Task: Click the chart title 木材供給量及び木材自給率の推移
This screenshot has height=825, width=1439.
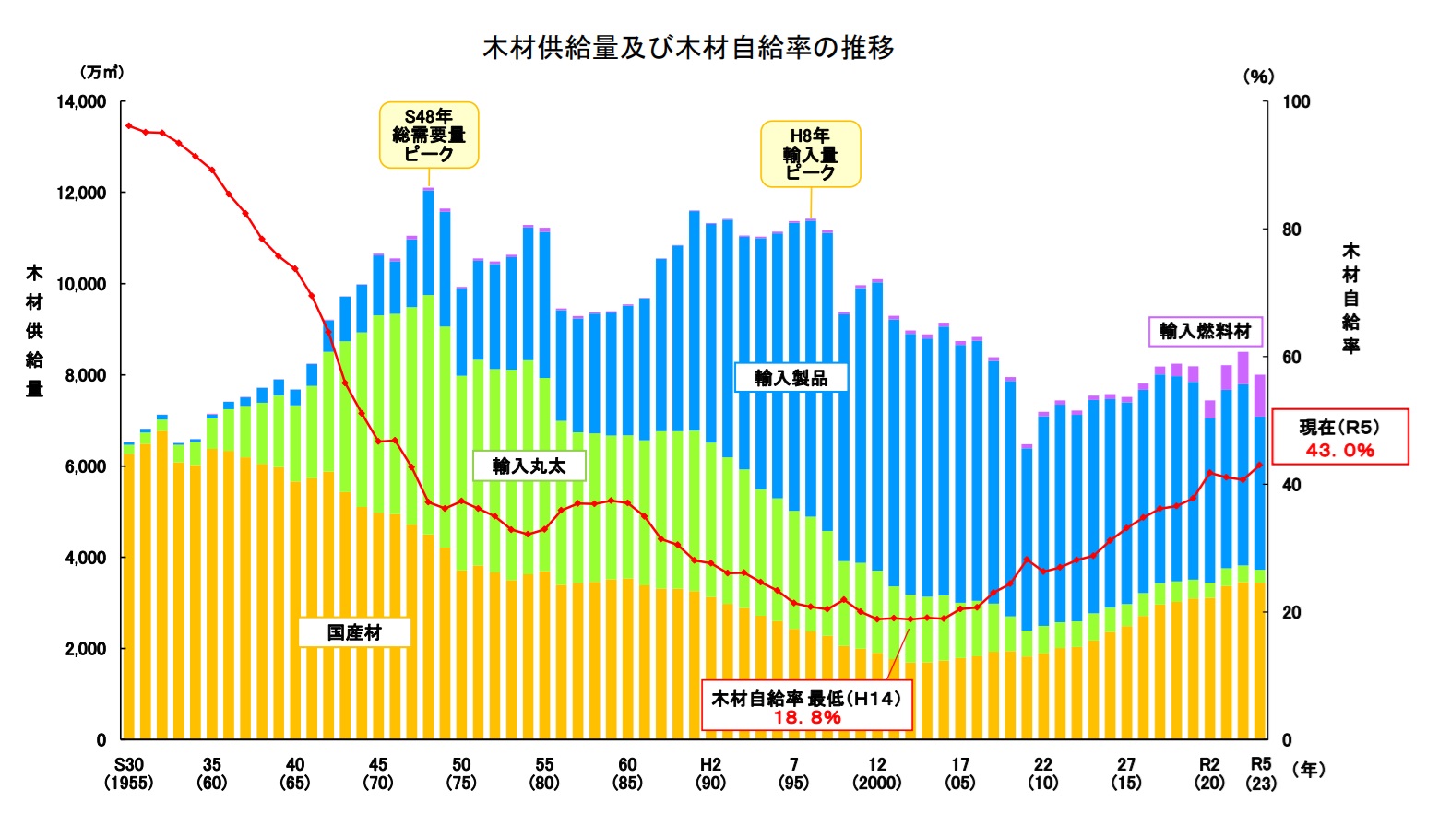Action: [x=688, y=47]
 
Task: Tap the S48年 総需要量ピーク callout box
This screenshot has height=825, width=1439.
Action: [x=429, y=136]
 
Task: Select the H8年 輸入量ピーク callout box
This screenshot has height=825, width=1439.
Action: [x=810, y=154]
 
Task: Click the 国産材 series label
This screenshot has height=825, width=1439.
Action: [x=354, y=632]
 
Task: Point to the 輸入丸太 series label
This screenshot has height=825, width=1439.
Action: [x=529, y=466]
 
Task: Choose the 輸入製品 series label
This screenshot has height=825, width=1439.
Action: [x=791, y=377]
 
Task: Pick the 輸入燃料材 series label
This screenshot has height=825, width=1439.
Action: [x=1205, y=331]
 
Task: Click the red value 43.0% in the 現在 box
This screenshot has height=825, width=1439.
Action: [x=1339, y=451]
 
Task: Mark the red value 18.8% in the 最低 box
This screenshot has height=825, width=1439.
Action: [x=807, y=717]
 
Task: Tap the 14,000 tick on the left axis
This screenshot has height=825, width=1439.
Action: [x=81, y=101]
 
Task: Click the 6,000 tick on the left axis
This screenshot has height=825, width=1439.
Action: [x=85, y=466]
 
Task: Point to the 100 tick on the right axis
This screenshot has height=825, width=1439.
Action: [x=1296, y=101]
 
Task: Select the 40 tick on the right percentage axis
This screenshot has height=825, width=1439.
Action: [x=1291, y=485]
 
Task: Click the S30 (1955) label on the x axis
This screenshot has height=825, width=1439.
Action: [x=129, y=773]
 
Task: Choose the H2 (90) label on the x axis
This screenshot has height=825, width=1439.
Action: [x=710, y=773]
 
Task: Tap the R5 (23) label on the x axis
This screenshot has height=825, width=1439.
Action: [x=1261, y=773]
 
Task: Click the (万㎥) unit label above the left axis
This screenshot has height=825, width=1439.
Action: [x=101, y=72]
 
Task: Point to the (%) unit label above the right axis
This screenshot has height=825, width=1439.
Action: [x=1258, y=77]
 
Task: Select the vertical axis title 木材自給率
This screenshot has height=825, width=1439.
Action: [x=1350, y=298]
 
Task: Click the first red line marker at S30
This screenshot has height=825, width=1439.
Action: [x=129, y=125]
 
